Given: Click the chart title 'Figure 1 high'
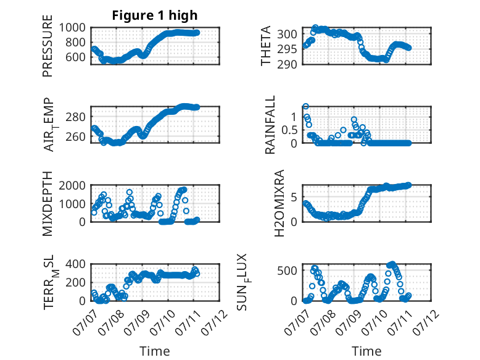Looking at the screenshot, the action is coord(155,15).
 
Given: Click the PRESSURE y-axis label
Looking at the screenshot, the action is coord(48,46).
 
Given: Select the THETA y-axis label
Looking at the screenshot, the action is coord(266,46).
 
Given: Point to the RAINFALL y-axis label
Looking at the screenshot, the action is coord(270,125).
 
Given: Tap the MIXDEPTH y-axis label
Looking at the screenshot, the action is coord(48,203).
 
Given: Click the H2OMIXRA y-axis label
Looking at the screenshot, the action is coord(279,203).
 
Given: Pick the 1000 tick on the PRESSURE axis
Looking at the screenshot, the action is coord(72,28).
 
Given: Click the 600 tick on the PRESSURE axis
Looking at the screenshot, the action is coord(76,57).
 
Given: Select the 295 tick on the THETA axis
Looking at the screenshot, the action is coord(287,49).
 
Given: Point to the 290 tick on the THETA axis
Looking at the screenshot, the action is coord(287,64).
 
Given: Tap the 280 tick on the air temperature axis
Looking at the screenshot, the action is coord(76,117).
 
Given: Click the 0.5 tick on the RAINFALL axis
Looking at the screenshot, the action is coord(289,130).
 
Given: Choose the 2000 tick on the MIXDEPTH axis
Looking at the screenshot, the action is coord(72,185).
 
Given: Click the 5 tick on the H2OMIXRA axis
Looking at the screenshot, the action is coord(294,197).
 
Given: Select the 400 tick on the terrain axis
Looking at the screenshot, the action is coord(76,264).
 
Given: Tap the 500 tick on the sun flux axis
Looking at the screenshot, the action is coord(287,270).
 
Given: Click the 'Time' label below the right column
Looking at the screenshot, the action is coord(366,351).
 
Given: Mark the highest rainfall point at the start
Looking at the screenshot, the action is coord(305,106).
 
